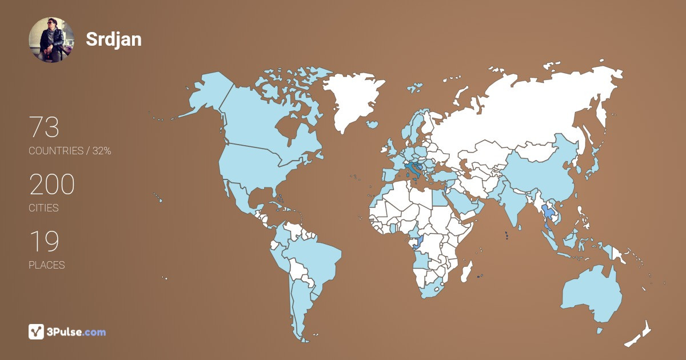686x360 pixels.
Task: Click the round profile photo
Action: (x=51, y=39)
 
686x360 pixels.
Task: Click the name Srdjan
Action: (x=114, y=39)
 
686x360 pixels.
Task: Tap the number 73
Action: (x=44, y=127)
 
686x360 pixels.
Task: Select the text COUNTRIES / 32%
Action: (x=70, y=151)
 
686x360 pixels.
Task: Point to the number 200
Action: (x=52, y=185)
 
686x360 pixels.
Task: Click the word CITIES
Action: (x=43, y=208)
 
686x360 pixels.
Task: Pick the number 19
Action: (x=44, y=242)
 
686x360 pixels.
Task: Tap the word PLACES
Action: (x=46, y=265)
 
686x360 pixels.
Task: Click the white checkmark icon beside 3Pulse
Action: (x=37, y=331)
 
